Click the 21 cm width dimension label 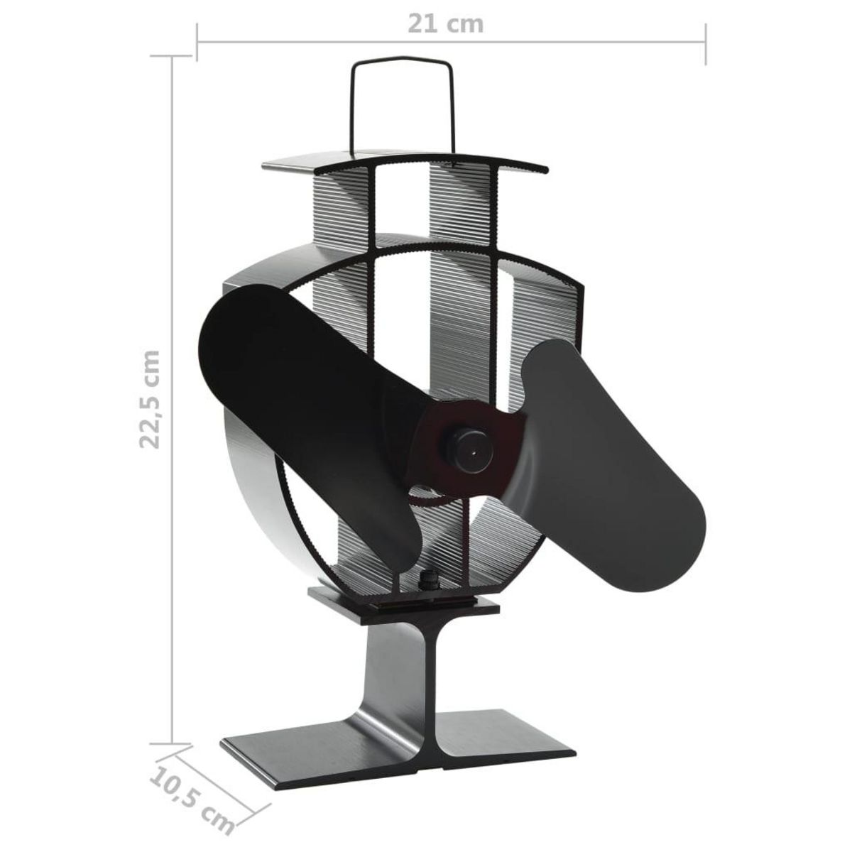(445, 23)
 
